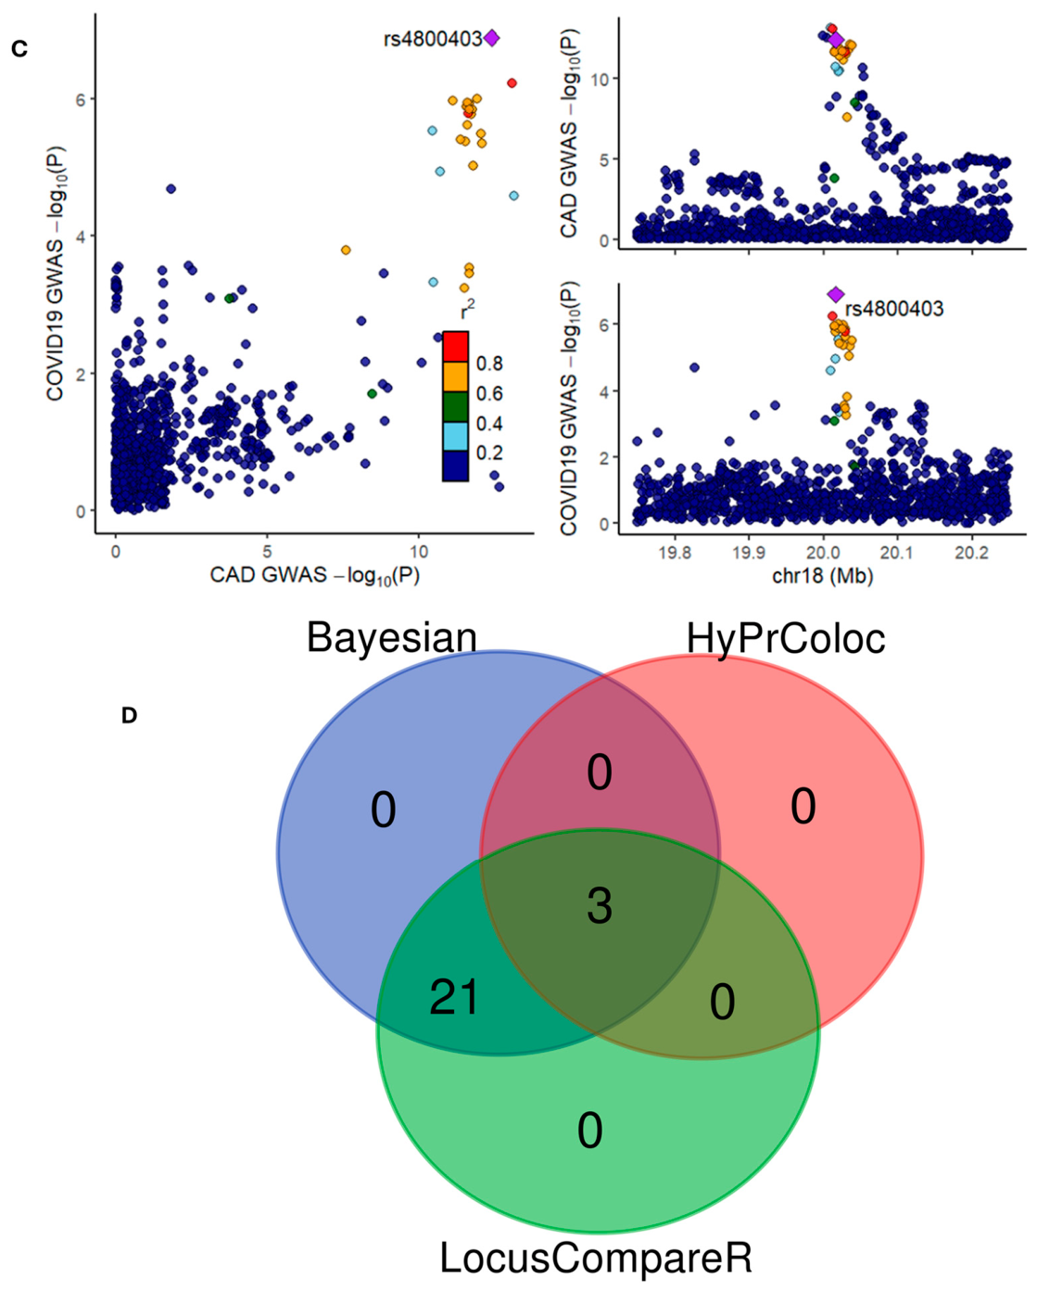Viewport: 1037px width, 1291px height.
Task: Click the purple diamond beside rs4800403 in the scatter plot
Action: tap(491, 38)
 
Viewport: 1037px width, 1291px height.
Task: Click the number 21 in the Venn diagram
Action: tap(454, 998)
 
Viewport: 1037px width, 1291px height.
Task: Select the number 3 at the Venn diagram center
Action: tap(600, 906)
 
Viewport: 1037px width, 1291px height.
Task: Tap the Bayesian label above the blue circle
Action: tap(392, 637)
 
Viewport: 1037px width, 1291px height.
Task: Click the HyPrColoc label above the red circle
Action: tap(786, 638)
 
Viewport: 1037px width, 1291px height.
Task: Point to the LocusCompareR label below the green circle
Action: tap(596, 1257)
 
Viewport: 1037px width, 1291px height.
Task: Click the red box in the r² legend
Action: tap(456, 346)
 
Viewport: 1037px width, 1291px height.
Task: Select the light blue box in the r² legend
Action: tap(456, 436)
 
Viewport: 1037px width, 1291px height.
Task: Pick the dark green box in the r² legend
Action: tap(456, 406)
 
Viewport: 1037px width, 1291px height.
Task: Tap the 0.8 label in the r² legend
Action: tap(489, 364)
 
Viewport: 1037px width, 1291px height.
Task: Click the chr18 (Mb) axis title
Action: tap(822, 577)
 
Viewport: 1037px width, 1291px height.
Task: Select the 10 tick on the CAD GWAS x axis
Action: tap(418, 551)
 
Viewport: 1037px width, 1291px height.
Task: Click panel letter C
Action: tap(19, 48)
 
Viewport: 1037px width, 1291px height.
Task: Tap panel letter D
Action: tap(129, 715)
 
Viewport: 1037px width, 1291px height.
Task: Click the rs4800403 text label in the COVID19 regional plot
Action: tap(894, 309)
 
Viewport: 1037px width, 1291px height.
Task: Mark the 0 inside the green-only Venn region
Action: tap(589, 1131)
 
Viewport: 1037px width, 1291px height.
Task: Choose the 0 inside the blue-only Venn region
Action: tap(383, 810)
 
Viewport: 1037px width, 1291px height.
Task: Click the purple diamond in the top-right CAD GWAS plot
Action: tap(836, 40)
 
